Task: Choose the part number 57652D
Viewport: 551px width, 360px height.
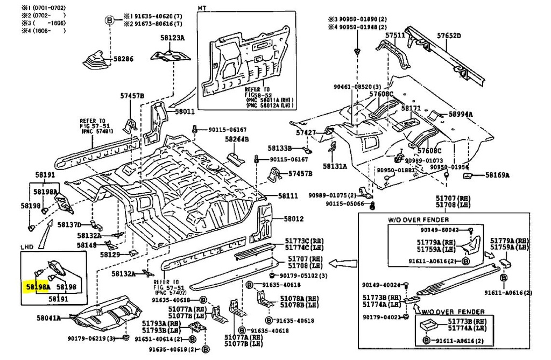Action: coord(449,36)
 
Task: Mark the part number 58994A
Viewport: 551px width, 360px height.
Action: coord(461,114)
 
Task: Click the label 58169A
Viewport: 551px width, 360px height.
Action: coord(497,175)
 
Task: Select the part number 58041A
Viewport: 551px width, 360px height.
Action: coord(48,318)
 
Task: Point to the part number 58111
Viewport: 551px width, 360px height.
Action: coord(288,196)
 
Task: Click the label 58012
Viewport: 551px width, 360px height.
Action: coord(294,219)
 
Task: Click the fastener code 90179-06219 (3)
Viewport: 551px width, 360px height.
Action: coord(91,338)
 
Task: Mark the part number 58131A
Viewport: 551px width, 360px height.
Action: coord(335,166)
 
